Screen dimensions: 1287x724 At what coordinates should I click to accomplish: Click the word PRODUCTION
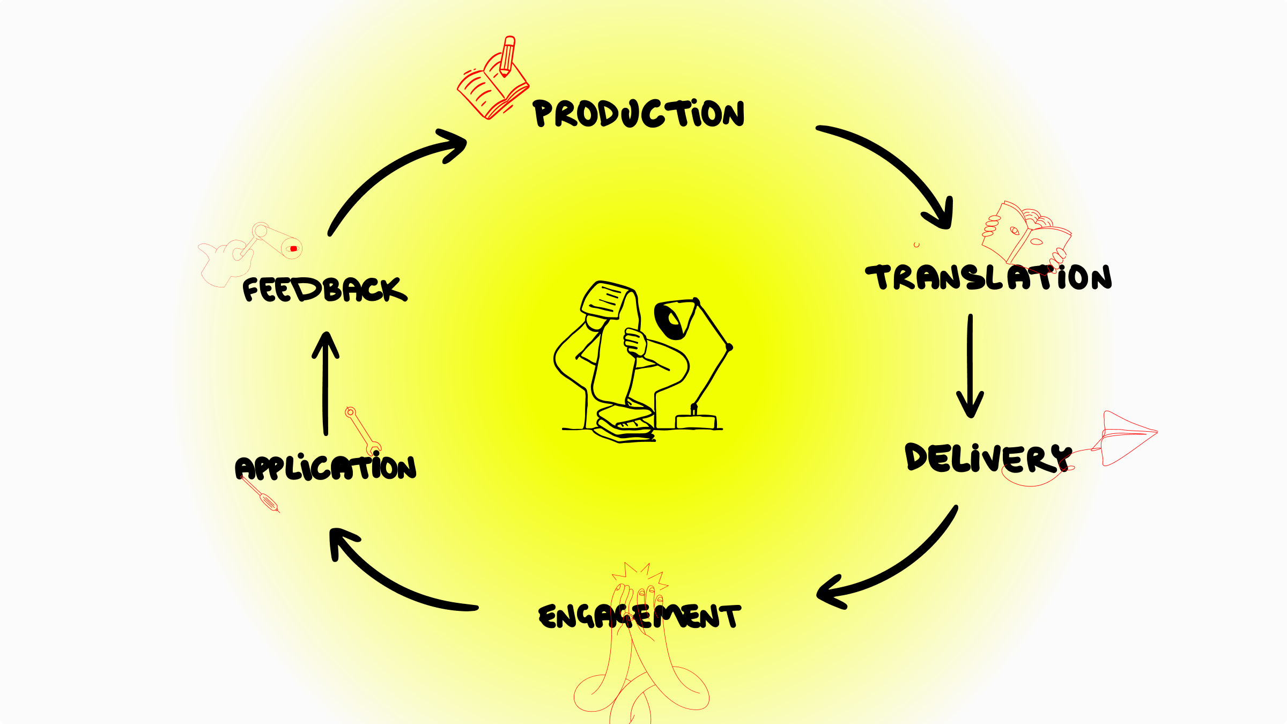click(638, 114)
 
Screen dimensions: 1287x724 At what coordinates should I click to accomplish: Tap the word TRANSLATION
click(988, 278)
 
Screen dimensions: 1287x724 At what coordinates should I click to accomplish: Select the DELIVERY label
click(987, 458)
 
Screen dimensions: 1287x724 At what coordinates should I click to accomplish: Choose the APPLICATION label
click(326, 468)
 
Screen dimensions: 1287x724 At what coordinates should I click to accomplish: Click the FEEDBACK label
click(324, 290)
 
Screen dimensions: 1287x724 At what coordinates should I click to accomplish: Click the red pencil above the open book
click(507, 56)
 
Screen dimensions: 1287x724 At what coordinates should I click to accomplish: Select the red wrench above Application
click(363, 431)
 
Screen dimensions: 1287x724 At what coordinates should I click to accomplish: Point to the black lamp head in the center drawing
click(673, 319)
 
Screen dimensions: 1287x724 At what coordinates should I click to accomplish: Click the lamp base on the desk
click(696, 422)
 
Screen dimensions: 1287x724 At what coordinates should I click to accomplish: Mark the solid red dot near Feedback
click(293, 249)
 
